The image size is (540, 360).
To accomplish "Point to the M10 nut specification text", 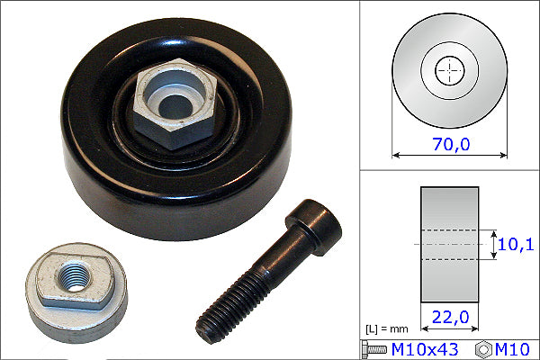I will pos(513,347).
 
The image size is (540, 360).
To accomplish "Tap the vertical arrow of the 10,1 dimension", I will pos(493,244).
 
